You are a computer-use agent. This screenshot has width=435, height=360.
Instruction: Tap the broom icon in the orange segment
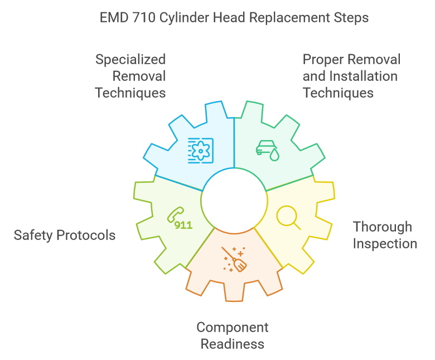(234, 260)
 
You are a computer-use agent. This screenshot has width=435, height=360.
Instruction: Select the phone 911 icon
(180, 218)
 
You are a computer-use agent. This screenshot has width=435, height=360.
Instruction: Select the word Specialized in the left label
(130, 59)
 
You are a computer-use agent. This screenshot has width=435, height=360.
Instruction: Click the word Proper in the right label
(321, 59)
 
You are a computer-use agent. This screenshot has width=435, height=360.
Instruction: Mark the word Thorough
(383, 227)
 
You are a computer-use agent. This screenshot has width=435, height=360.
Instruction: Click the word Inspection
(385, 243)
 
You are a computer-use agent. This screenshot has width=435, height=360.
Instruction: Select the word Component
(233, 327)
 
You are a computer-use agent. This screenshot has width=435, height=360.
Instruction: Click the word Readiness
(233, 344)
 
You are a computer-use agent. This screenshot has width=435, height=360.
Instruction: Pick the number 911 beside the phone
(183, 225)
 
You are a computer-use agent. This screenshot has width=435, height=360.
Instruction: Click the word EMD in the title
(112, 17)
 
